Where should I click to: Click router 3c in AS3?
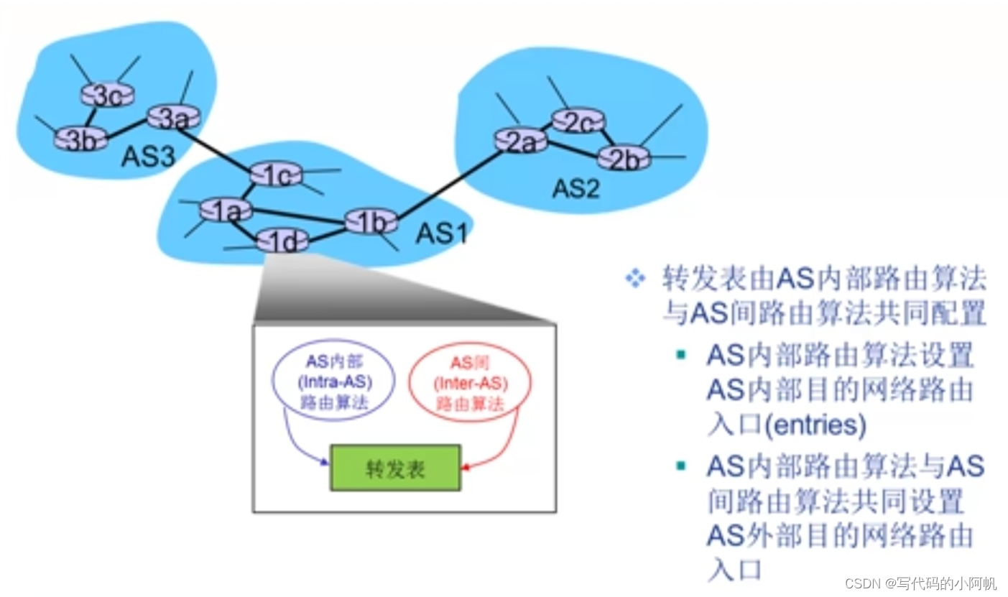[107, 95]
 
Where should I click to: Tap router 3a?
[172, 117]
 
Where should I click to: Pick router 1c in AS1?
[276, 175]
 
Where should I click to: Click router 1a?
[226, 210]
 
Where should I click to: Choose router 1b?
[371, 221]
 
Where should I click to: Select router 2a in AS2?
[521, 142]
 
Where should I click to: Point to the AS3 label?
[148, 157]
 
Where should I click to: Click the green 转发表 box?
[394, 468]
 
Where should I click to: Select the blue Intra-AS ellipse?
[333, 383]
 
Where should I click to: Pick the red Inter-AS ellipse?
[469, 383]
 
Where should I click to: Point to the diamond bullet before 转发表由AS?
[635, 278]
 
